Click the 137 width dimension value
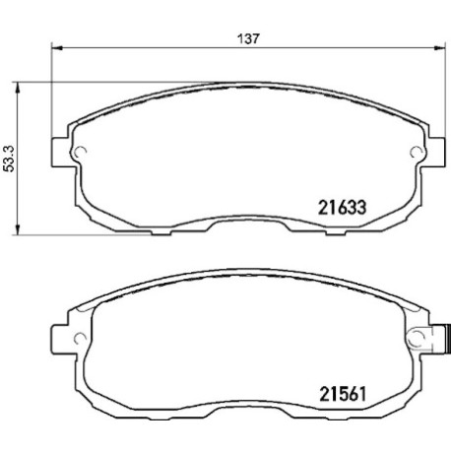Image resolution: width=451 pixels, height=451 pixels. [x=248, y=38]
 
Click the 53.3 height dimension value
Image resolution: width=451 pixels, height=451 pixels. [x=9, y=159]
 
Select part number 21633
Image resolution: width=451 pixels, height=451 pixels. [x=342, y=208]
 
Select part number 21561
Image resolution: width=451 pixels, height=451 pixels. [x=343, y=394]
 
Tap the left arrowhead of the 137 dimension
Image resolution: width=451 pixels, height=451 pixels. [x=57, y=48]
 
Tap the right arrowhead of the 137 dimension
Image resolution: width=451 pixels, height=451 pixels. [x=440, y=48]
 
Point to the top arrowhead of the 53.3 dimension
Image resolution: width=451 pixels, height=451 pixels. [x=18, y=88]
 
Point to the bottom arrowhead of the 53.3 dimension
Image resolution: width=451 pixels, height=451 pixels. [x=18, y=229]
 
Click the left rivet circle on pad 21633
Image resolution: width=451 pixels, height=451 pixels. [x=81, y=152]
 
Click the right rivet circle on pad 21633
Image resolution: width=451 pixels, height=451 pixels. [x=417, y=152]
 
